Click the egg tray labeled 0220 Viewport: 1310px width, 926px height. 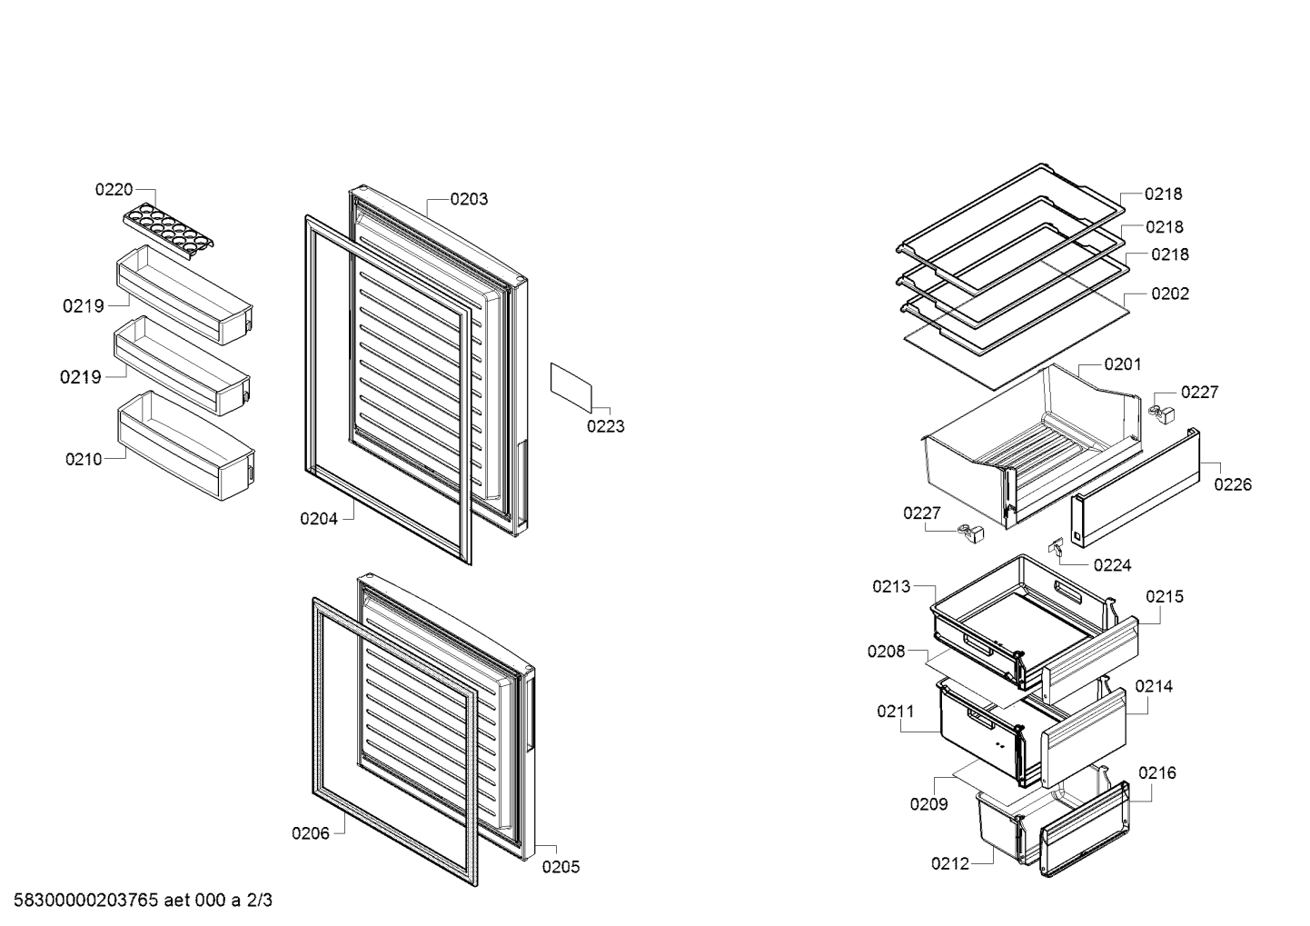[168, 231]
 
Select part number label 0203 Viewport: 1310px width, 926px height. [469, 200]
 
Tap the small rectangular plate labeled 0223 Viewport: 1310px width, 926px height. [571, 387]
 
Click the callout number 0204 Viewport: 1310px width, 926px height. [319, 519]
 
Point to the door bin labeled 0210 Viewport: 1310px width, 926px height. [186, 446]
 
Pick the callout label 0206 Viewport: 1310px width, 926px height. [311, 833]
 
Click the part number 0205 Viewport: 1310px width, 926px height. [561, 867]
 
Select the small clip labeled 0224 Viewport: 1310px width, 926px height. [1056, 546]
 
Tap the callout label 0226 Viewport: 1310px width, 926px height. [1233, 484]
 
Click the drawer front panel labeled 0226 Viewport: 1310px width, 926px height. [1136, 488]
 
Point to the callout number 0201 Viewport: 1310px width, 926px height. [1122, 364]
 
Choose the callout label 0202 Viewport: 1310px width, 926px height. [1170, 294]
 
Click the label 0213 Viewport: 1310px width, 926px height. [891, 586]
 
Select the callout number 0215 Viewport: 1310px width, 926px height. [1165, 597]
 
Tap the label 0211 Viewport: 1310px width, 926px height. [896, 712]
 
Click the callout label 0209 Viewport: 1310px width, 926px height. [928, 804]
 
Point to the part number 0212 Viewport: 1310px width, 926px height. [949, 863]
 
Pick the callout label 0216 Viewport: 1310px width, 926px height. [1156, 773]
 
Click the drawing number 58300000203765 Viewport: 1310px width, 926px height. [86, 901]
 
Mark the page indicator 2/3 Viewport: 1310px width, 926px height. [259, 901]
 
